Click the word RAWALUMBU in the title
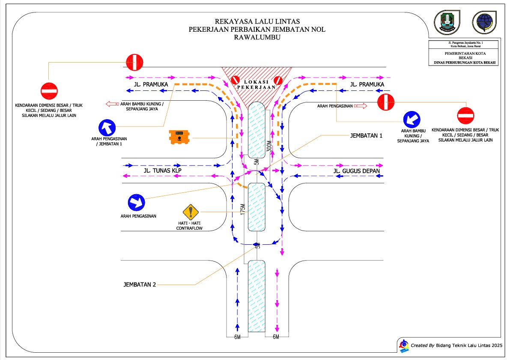click(257, 37)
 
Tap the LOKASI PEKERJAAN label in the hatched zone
click(256, 84)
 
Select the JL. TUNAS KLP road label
click(163, 171)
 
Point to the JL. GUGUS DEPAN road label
click(356, 171)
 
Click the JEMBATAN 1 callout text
click(366, 135)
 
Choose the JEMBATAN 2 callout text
click(140, 284)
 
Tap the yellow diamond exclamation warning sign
click(191, 212)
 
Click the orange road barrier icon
click(179, 137)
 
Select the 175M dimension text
click(242, 210)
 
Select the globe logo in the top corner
click(484, 22)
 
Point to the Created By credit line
click(456, 345)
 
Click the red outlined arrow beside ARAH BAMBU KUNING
click(112, 104)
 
